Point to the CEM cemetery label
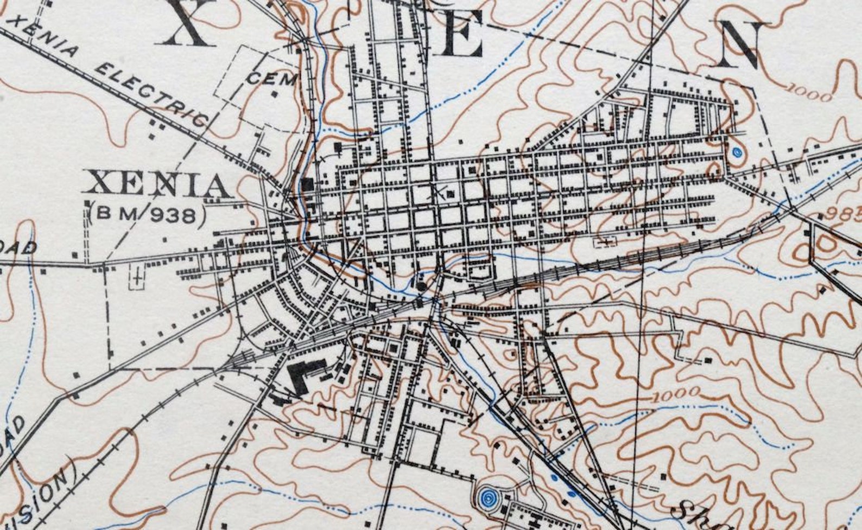(x=272, y=79)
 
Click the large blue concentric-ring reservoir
(x=488, y=497)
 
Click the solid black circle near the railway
(x=422, y=286)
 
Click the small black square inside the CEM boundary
(x=275, y=94)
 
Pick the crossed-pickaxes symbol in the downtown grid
(x=439, y=191)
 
